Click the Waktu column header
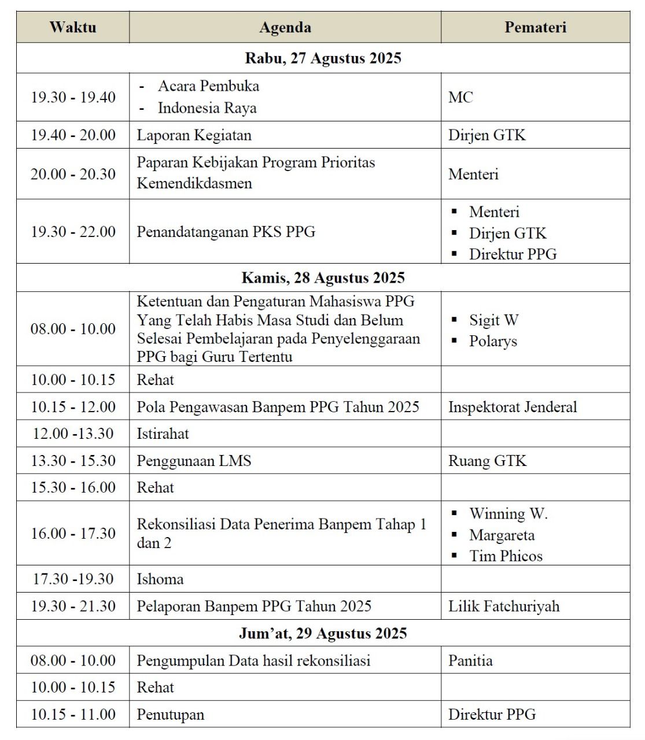[73, 27]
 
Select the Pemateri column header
[535, 27]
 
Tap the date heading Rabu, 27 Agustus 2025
[323, 58]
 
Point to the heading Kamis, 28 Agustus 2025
[323, 277]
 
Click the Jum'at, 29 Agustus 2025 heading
[323, 633]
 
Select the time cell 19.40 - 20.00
[73, 135]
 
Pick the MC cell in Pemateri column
[460, 97]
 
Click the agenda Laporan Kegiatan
[194, 135]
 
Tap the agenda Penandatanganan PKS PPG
[226, 232]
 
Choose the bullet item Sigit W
[493, 320]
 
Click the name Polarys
[493, 341]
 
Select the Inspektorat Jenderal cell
[513, 407]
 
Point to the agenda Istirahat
[163, 434]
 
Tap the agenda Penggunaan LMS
[194, 461]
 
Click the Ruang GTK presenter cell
[487, 461]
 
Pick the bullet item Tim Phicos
[506, 556]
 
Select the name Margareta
[502, 535]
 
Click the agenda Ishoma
[160, 579]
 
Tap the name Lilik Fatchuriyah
[504, 606]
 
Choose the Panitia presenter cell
[470, 661]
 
